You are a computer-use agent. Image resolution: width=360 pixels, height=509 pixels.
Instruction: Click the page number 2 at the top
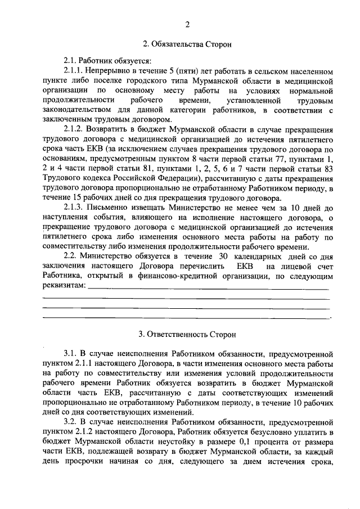click(x=187, y=25)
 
